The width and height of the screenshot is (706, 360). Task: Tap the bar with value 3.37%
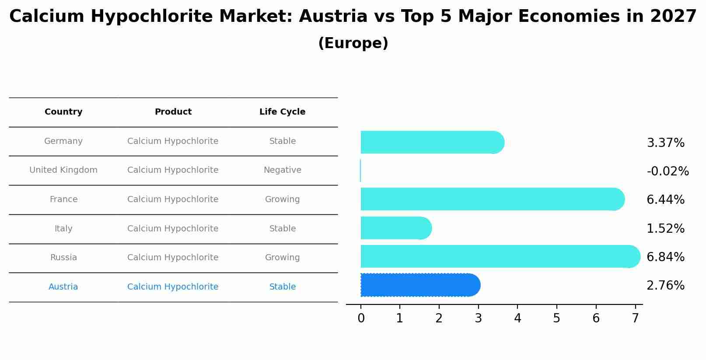click(431, 142)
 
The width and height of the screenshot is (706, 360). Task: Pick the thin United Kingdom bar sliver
click(360, 171)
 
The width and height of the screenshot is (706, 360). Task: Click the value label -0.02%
click(668, 171)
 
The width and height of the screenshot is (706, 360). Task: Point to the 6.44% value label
click(665, 200)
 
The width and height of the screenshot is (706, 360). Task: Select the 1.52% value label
click(665, 228)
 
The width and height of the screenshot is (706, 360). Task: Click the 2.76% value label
click(665, 286)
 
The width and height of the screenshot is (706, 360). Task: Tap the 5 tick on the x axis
click(556, 318)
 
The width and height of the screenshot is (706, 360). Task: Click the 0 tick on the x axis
click(361, 318)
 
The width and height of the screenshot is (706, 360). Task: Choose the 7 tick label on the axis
click(635, 318)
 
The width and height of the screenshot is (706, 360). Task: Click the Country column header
click(63, 112)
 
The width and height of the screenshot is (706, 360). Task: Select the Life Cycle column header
click(282, 112)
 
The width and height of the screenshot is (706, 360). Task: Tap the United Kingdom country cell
click(63, 170)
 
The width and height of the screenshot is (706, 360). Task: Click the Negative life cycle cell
click(282, 170)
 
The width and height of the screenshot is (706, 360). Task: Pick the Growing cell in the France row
click(282, 199)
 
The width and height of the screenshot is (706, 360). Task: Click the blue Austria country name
click(63, 287)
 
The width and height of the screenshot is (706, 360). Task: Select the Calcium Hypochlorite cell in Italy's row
click(173, 229)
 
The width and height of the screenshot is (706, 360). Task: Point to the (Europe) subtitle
click(353, 43)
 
